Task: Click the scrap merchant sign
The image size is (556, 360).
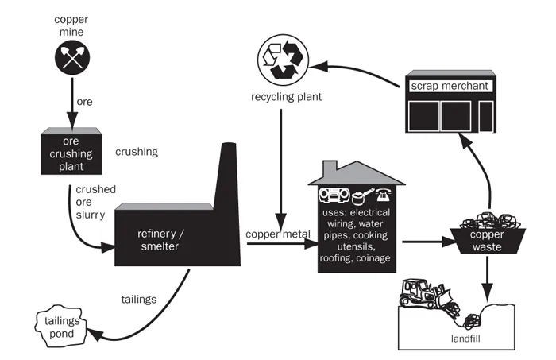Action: [449, 84]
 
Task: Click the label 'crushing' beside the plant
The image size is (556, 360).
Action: [137, 151]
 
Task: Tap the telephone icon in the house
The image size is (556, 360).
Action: [384, 193]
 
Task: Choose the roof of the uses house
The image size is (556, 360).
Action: [357, 172]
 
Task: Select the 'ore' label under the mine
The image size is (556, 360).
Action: [84, 102]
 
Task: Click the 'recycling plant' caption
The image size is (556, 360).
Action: [279, 99]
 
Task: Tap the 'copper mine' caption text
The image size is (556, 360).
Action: [72, 24]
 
